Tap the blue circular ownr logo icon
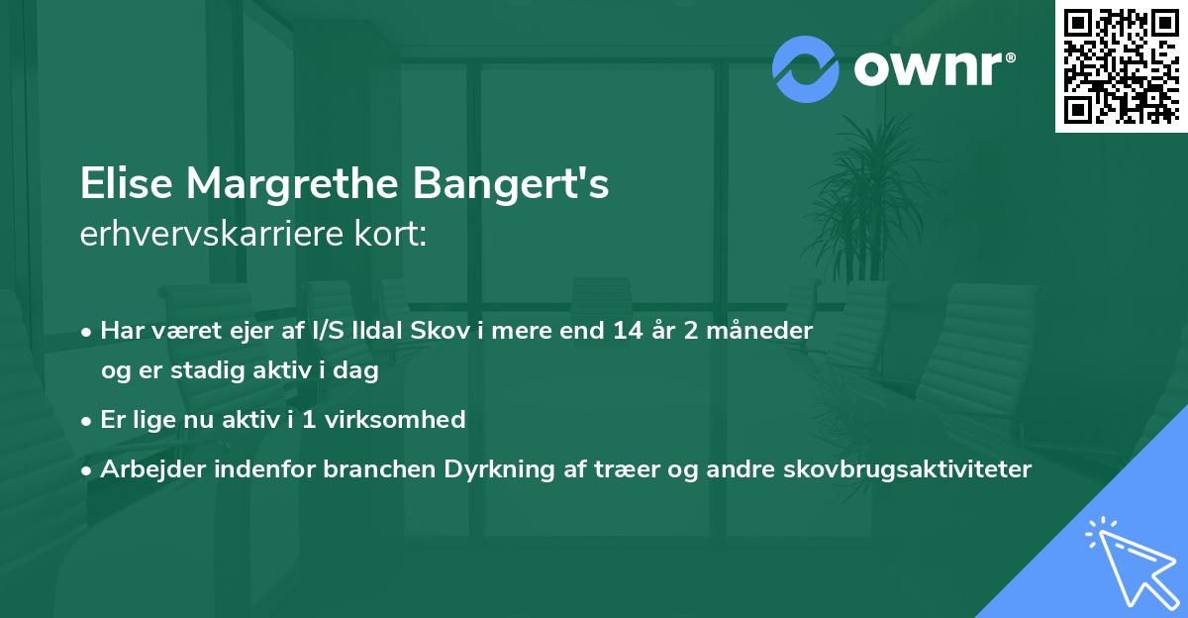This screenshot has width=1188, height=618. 807,68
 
